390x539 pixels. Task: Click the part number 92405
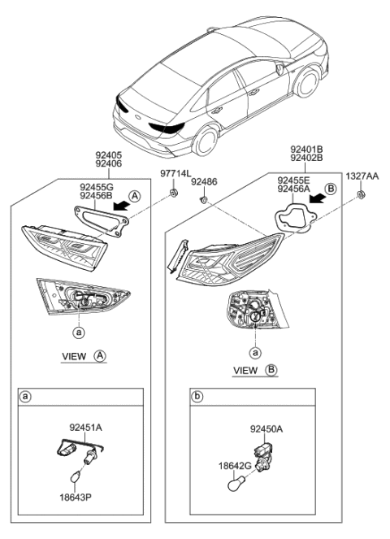click(x=108, y=154)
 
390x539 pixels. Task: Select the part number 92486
click(x=205, y=184)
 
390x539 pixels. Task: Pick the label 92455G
click(x=96, y=187)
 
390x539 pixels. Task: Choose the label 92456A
click(x=294, y=189)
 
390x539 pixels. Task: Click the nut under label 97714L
click(x=174, y=193)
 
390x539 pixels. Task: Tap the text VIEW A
click(x=84, y=356)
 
